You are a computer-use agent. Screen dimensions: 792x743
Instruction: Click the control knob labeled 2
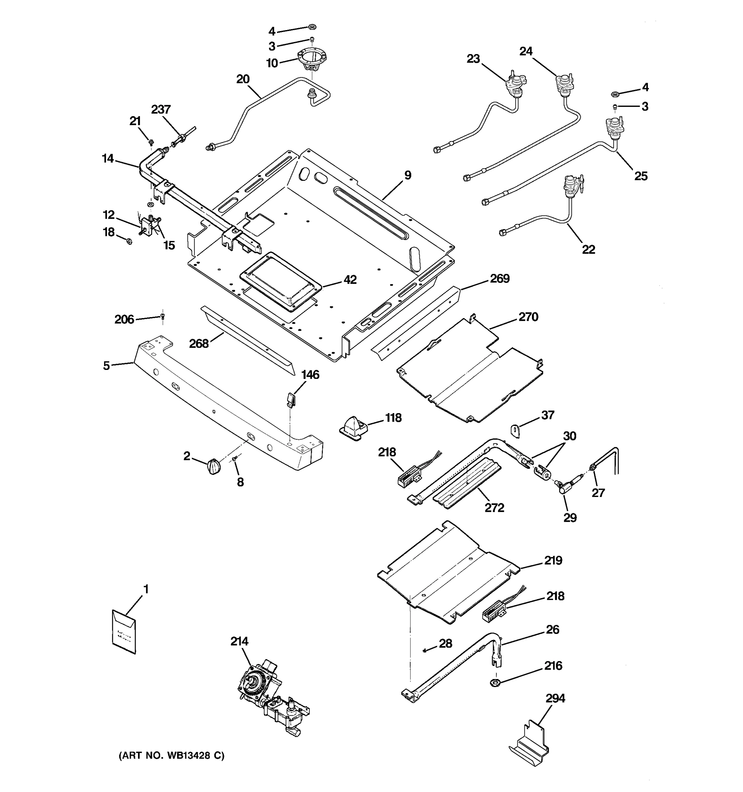(213, 466)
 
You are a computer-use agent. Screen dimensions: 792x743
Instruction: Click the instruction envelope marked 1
(124, 631)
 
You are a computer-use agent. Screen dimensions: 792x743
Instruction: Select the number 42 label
(350, 280)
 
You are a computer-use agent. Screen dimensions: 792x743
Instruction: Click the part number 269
(499, 279)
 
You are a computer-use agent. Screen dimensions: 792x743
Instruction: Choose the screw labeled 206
(162, 317)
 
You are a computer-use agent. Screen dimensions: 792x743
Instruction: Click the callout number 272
(494, 508)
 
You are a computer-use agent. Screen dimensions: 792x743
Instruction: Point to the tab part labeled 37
(516, 431)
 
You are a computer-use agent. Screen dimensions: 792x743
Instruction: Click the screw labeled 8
(235, 460)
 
